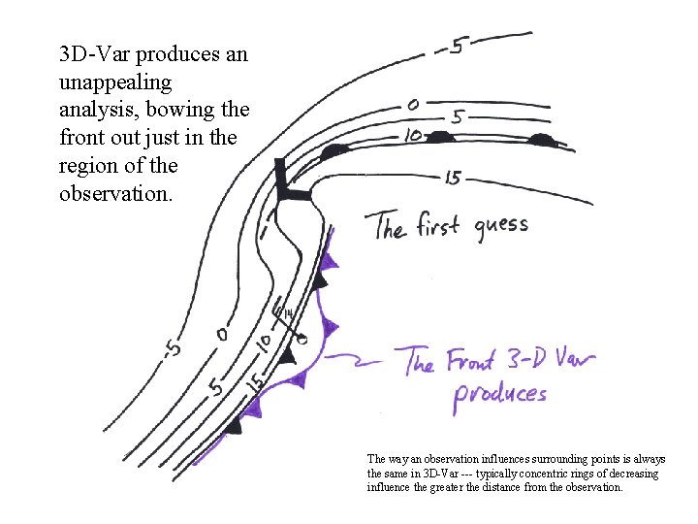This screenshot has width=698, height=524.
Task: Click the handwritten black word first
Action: pyautogui.click(x=440, y=227)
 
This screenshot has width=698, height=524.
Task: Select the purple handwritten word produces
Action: pyautogui.click(x=500, y=394)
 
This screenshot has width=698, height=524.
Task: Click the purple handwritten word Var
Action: pyautogui.click(x=572, y=361)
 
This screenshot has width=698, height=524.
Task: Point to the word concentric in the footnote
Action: pyautogui.click(x=562, y=474)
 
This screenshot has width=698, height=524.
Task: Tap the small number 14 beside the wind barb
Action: pyautogui.click(x=288, y=313)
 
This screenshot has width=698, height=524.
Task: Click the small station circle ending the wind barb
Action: pyautogui.click(x=302, y=339)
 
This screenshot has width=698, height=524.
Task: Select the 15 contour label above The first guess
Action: pyautogui.click(x=454, y=178)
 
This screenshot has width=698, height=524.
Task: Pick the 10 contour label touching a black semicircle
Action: pyautogui.click(x=413, y=136)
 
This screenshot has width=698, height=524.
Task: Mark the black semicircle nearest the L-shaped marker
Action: pyautogui.click(x=334, y=151)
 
